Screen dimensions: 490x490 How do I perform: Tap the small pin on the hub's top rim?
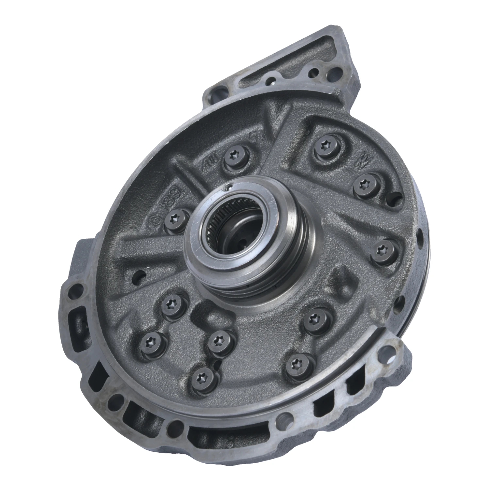point(229,187)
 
